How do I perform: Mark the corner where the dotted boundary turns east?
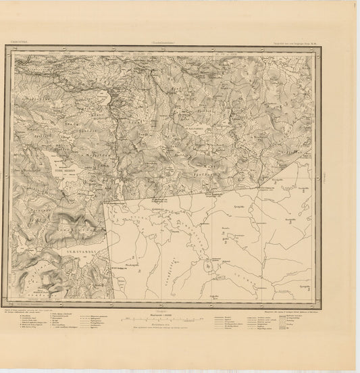coord(106,201)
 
